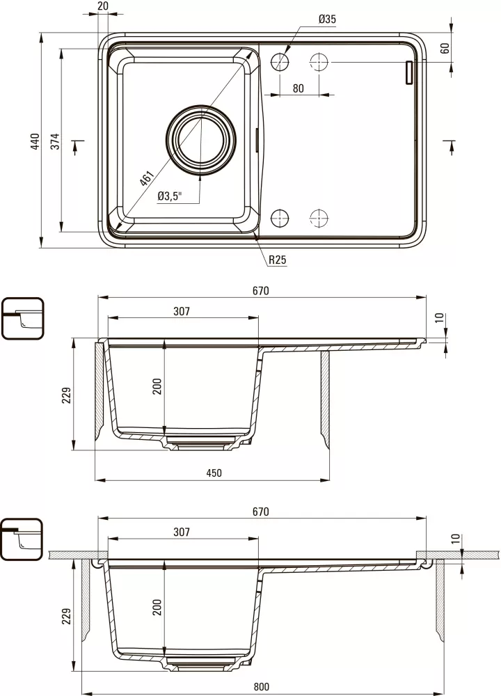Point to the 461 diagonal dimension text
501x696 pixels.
pos(146,177)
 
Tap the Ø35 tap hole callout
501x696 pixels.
pos(326,19)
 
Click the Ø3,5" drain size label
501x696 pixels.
pos(169,196)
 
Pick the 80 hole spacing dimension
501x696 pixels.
pos(299,88)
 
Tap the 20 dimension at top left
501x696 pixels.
pos(104,6)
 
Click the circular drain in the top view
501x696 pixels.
pos(202,138)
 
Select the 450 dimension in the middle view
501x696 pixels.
pos(214,473)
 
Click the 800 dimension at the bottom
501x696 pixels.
pos(261,687)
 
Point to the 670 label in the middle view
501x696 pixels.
pos(260,290)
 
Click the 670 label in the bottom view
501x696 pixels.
pos(260,511)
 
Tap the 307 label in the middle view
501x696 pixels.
pos(181,312)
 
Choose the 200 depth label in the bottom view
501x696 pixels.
pos(157,606)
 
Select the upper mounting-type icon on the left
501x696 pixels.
pos(22,319)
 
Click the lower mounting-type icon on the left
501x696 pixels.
pos(22,539)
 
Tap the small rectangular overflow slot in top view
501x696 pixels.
pos(409,72)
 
